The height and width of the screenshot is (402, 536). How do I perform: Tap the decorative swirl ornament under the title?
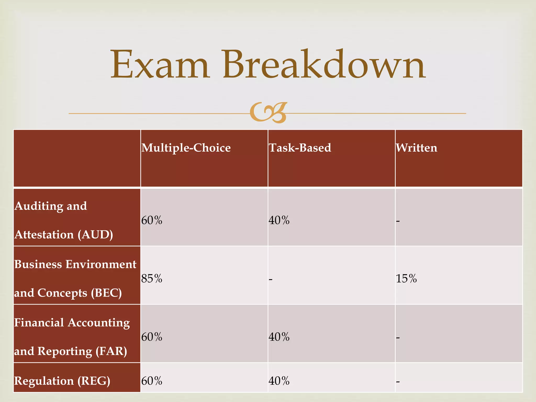click(x=268, y=113)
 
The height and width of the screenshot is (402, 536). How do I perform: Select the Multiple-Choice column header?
click(x=186, y=148)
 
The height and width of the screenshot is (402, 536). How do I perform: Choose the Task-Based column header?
click(x=300, y=148)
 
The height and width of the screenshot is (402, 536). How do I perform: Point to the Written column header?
click(x=416, y=148)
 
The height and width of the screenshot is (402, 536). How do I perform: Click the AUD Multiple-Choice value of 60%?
click(x=152, y=220)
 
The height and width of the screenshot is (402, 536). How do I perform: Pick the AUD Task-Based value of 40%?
click(x=279, y=220)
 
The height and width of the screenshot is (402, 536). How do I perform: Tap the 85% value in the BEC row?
click(x=152, y=278)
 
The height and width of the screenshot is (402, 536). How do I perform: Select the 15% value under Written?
click(x=406, y=278)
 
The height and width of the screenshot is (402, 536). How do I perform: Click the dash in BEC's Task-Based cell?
click(x=271, y=279)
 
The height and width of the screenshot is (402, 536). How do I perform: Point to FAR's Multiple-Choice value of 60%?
click(x=152, y=337)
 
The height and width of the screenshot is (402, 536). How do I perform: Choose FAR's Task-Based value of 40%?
click(x=279, y=337)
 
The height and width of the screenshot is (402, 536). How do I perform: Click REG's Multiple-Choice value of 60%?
click(x=152, y=381)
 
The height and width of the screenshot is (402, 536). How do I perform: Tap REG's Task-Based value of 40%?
click(x=279, y=381)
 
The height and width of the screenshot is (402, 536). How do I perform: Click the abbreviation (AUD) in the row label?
click(x=95, y=235)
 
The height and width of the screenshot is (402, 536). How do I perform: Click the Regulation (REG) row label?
click(x=62, y=381)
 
